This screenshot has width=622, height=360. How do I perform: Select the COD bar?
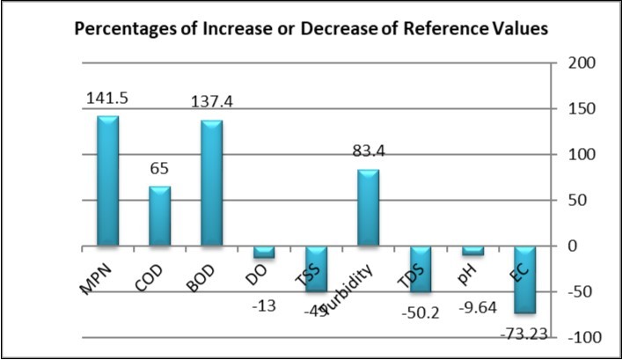point(159,216)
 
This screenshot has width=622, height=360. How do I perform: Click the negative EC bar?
point(524,279)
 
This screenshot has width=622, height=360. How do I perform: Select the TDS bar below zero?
point(421,268)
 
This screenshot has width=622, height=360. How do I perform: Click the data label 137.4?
point(212,102)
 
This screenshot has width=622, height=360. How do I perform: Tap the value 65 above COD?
point(159,168)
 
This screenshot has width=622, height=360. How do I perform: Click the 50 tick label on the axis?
point(575,201)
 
